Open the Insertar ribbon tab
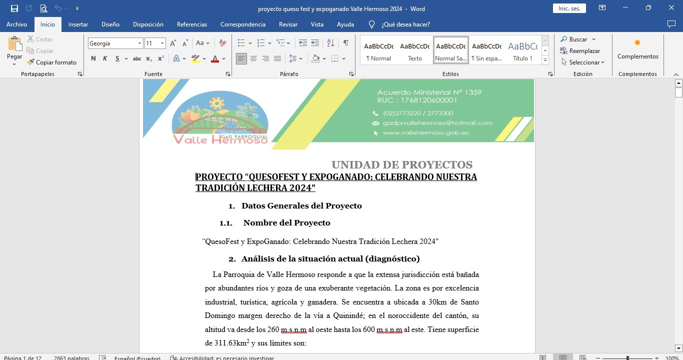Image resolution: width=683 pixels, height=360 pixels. pyautogui.click(x=78, y=24)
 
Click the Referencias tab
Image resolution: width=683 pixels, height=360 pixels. pyautogui.click(x=191, y=24)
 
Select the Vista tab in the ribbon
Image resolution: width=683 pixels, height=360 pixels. pyautogui.click(x=317, y=24)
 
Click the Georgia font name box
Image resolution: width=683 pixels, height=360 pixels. pyautogui.click(x=112, y=43)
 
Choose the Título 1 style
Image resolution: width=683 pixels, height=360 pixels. pyautogui.click(x=522, y=50)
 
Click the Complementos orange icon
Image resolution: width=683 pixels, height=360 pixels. pyautogui.click(x=637, y=43)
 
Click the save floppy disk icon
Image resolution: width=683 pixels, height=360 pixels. pyautogui.click(x=14, y=8)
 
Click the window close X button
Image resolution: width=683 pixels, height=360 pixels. pyautogui.click(x=671, y=8)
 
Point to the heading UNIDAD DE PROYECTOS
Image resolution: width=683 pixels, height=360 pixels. pyautogui.click(x=401, y=165)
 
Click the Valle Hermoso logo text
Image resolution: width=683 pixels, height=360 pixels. pyautogui.click(x=220, y=139)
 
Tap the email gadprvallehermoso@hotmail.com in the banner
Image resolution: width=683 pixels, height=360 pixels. pyautogui.click(x=437, y=123)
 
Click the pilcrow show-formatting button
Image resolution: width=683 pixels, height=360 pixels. pyautogui.click(x=345, y=43)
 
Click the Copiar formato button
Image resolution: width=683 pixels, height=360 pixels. pyautogui.click(x=52, y=62)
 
